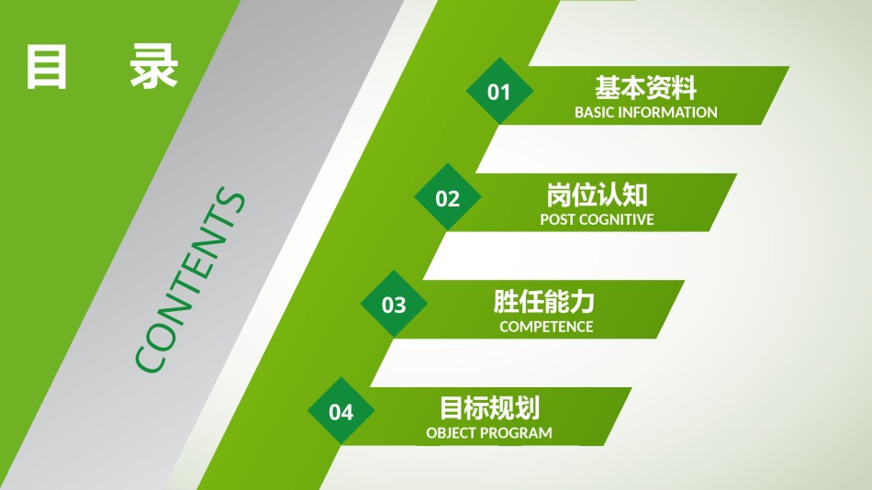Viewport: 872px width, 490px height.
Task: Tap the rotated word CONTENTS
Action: tap(191, 281)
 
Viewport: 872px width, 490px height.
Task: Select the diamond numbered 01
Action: tap(498, 91)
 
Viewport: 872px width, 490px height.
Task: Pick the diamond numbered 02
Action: tap(447, 197)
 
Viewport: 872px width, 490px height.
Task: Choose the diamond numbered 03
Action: tap(394, 304)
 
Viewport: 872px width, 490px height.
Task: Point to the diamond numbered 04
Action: tap(341, 411)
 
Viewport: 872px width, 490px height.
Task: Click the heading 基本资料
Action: tap(646, 88)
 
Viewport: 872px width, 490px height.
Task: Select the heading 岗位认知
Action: tap(597, 195)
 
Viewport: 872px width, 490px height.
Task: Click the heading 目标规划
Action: tap(489, 408)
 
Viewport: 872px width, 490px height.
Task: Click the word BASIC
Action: tap(595, 113)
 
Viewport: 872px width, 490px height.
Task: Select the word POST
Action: tap(557, 220)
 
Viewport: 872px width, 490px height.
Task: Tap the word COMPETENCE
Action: tap(546, 327)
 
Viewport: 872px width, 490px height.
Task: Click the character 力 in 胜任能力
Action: tap(584, 302)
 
